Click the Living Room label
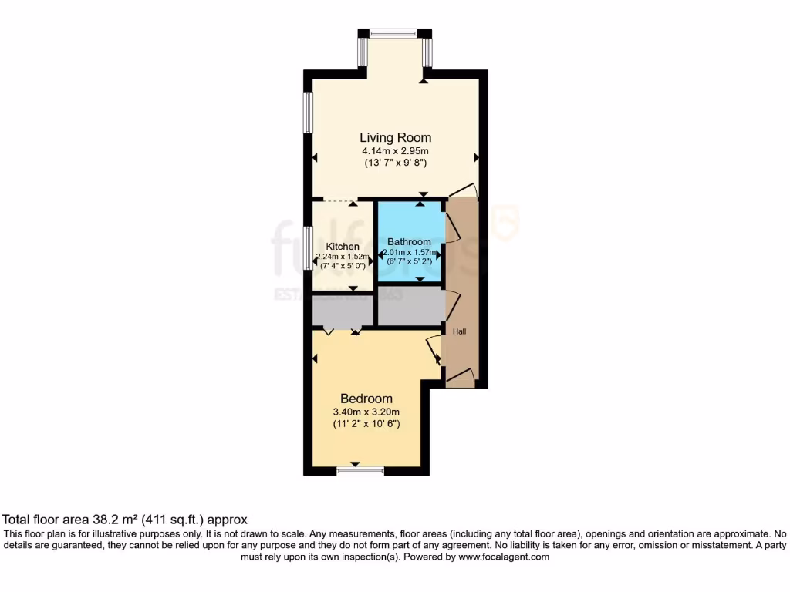point(395,138)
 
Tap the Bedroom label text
point(366,399)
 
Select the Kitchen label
point(343,247)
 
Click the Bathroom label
point(409,241)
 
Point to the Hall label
point(459,331)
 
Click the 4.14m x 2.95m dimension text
point(395,151)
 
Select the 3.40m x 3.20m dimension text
point(366,412)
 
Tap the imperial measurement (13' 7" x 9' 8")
point(395,163)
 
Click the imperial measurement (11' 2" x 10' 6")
point(366,424)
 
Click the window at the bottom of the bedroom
point(360,469)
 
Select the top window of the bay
point(393,33)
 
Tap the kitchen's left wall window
point(308,248)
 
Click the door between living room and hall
point(463,190)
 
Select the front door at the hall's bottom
point(460,377)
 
